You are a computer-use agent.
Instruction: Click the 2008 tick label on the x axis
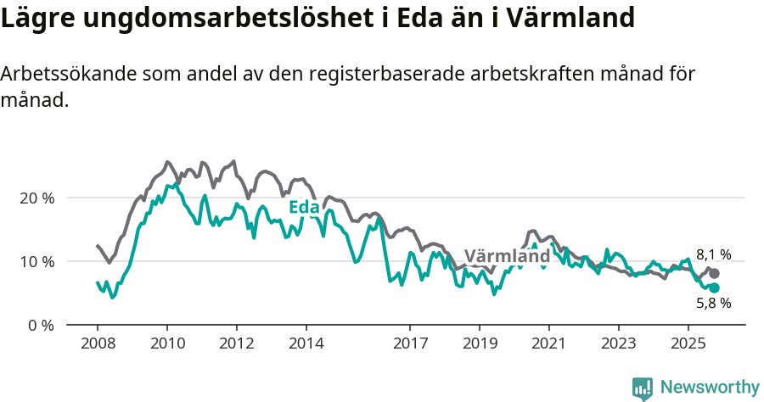98,344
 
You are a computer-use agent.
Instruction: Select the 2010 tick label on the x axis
167,344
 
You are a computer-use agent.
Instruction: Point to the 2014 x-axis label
306,344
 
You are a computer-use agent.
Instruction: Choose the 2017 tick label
410,344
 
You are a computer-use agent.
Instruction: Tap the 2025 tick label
688,344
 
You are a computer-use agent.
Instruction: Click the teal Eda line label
304,208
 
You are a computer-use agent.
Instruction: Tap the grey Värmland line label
507,256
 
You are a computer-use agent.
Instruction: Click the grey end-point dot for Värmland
715,273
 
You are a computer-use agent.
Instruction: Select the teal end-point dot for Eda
715,288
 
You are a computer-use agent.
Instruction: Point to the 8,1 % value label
713,254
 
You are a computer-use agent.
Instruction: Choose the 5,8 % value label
713,304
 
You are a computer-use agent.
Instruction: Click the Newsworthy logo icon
643,388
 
